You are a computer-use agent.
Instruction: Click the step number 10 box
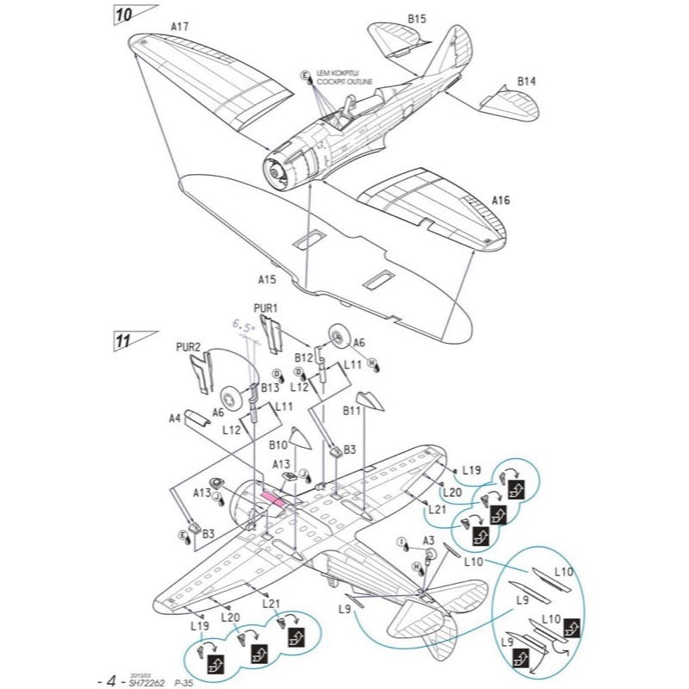click(125, 13)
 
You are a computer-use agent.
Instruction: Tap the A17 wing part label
click(179, 27)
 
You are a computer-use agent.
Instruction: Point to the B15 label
click(417, 16)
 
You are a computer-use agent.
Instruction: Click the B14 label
click(526, 81)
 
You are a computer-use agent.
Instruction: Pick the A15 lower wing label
click(267, 279)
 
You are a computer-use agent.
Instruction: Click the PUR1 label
click(266, 307)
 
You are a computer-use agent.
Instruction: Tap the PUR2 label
click(188, 347)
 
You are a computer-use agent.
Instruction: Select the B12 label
click(302, 356)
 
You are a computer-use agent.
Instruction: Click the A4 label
click(174, 419)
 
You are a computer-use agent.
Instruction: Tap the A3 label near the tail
click(428, 540)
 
